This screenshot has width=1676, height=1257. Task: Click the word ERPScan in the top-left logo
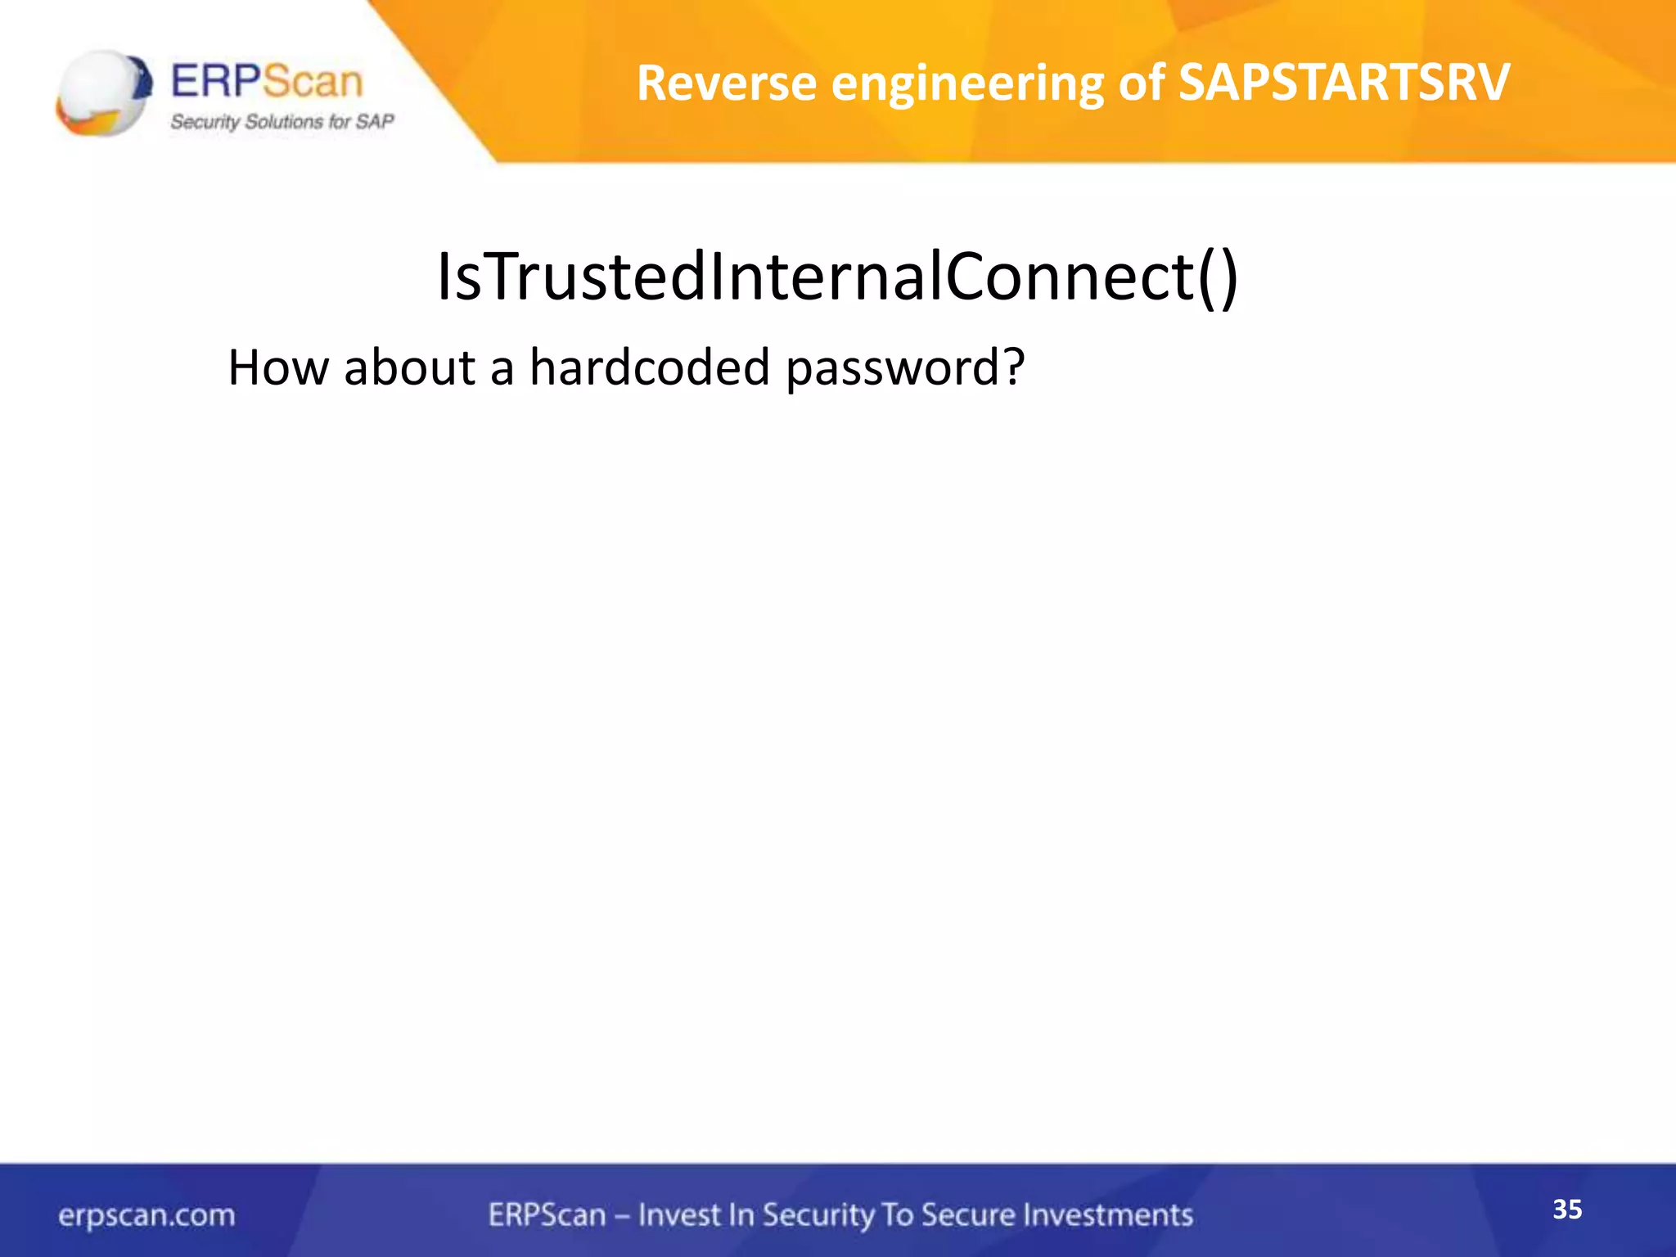coord(266,82)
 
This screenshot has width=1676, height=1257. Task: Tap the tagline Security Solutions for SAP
coord(282,122)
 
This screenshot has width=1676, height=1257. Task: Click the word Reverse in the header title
coord(726,83)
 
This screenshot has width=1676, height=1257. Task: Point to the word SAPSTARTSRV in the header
coord(1344,83)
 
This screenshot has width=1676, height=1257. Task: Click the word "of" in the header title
coord(1141,83)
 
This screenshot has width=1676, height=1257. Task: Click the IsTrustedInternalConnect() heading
coord(837,277)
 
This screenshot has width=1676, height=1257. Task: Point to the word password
coord(893,368)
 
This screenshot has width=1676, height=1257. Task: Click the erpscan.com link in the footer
coord(146,1215)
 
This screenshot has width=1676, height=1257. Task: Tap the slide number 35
coord(1567,1210)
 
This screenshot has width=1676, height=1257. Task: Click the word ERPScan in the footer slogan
coord(547,1214)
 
